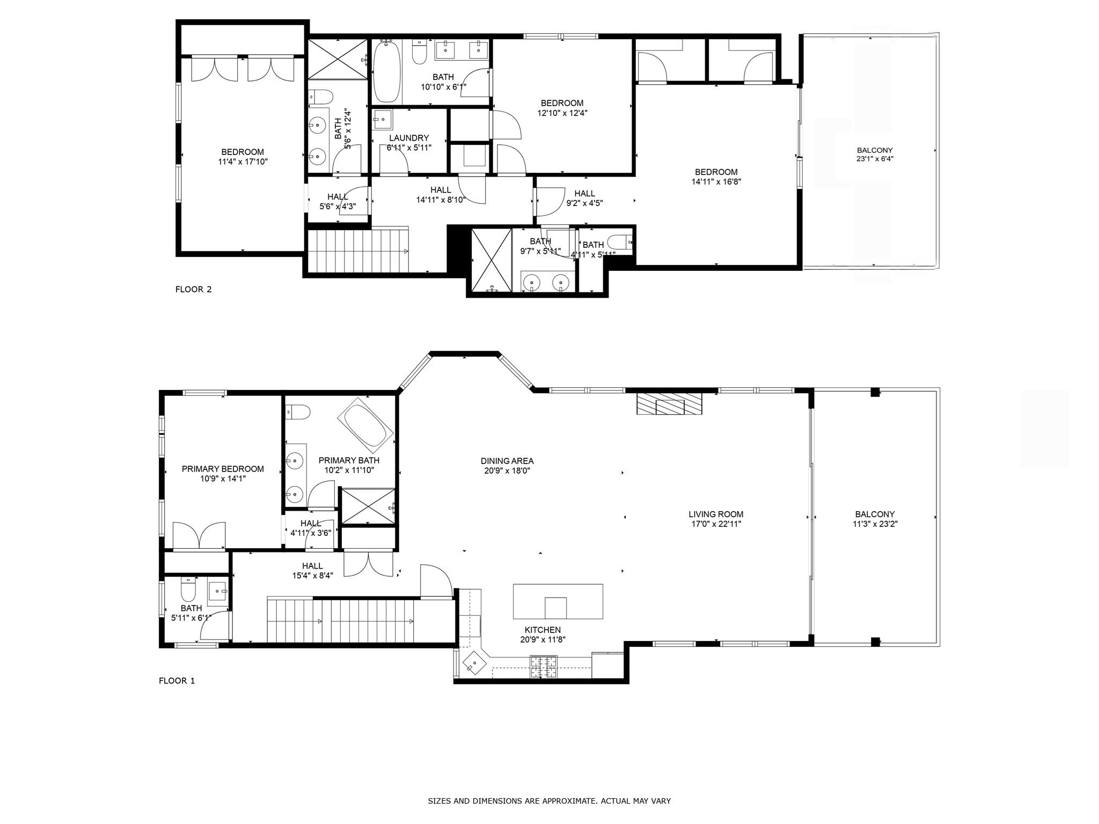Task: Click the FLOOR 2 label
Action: pyautogui.click(x=193, y=290)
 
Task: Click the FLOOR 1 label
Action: pyautogui.click(x=177, y=681)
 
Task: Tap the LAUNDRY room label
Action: pyautogui.click(x=409, y=138)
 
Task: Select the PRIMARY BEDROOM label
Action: pyautogui.click(x=223, y=469)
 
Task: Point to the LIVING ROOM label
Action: pyautogui.click(x=716, y=514)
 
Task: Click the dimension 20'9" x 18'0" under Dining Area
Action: pyautogui.click(x=507, y=471)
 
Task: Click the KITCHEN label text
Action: pyautogui.click(x=543, y=630)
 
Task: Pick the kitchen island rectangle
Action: pyautogui.click(x=558, y=601)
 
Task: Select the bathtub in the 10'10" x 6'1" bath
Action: pyautogui.click(x=386, y=72)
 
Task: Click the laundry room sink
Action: pyautogui.click(x=383, y=119)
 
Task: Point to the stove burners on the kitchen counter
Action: pyautogui.click(x=544, y=666)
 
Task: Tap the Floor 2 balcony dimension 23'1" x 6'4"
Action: pyautogui.click(x=875, y=159)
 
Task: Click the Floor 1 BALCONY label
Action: pyautogui.click(x=875, y=514)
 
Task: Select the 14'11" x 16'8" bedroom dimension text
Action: pyautogui.click(x=716, y=182)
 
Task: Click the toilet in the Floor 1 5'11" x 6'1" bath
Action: pyautogui.click(x=188, y=590)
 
